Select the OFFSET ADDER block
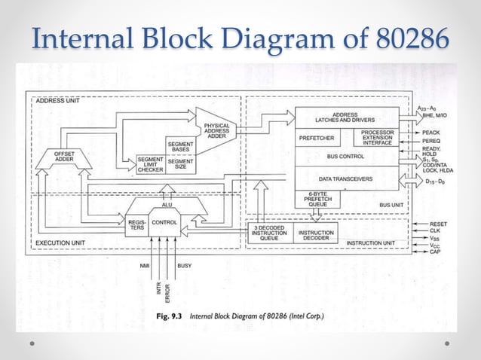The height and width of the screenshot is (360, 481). point(64,157)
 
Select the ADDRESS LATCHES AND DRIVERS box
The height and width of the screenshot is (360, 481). point(345,117)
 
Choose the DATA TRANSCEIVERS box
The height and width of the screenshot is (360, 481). point(345,179)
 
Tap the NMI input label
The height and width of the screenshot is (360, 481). point(145,266)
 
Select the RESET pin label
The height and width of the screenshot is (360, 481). point(438,224)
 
